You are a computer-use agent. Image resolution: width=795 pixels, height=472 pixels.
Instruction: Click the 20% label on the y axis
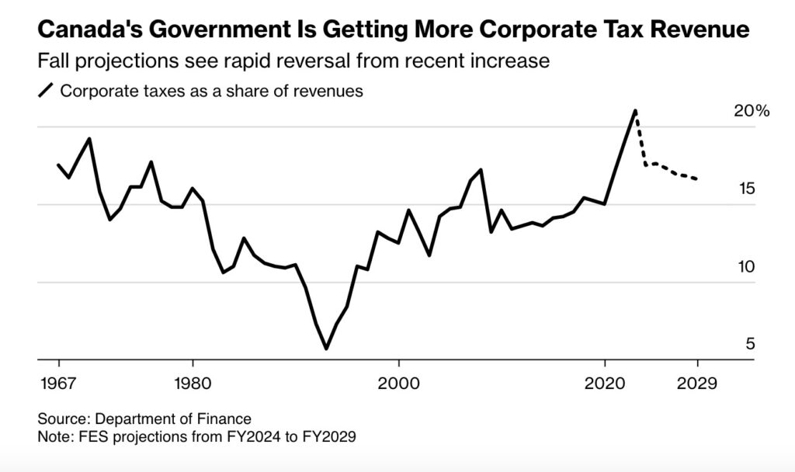pyautogui.click(x=751, y=112)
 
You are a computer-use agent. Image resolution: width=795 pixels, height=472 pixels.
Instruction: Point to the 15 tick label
pyautogui.click(x=745, y=189)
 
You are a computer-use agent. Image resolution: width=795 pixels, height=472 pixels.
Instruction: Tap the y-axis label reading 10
pyautogui.click(x=745, y=267)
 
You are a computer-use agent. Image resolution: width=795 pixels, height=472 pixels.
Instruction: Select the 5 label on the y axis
pyautogui.click(x=750, y=345)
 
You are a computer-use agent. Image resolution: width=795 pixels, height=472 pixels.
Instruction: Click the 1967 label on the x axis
pyautogui.click(x=59, y=384)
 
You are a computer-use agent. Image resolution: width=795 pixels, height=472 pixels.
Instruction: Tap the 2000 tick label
pyautogui.click(x=398, y=384)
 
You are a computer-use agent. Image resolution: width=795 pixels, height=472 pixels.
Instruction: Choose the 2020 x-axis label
pyautogui.click(x=606, y=384)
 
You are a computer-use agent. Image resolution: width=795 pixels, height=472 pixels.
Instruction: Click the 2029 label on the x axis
pyautogui.click(x=698, y=384)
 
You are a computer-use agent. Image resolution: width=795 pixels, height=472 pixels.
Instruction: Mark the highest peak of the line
pyautogui.click(x=636, y=111)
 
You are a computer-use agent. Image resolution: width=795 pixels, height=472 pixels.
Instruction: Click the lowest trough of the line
pyautogui.click(x=326, y=349)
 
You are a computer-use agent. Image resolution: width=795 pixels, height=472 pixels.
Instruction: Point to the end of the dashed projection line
pyautogui.click(x=698, y=180)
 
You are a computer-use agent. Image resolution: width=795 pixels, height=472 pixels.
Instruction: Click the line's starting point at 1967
pyautogui.click(x=59, y=165)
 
